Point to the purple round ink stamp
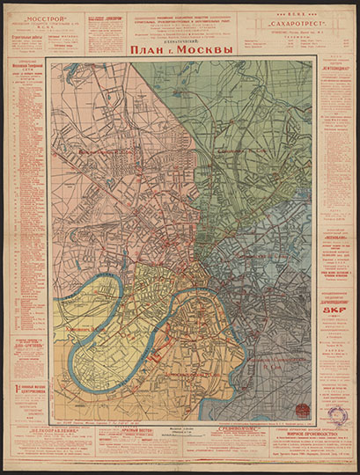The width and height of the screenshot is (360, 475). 338,415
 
